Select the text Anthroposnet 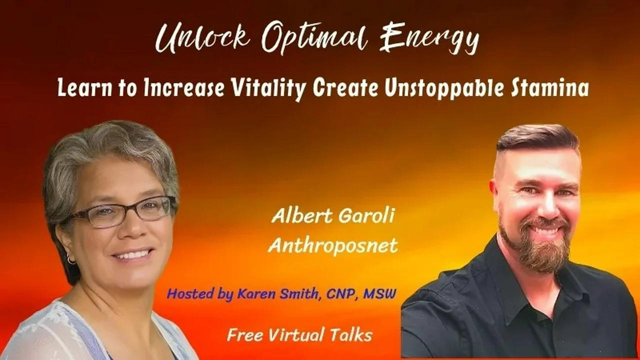tap(333, 245)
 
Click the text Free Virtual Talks tap(299, 334)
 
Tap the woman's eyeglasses tap(122, 211)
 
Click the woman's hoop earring tap(70, 259)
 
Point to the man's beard tap(535, 250)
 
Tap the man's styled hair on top tap(537, 137)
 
